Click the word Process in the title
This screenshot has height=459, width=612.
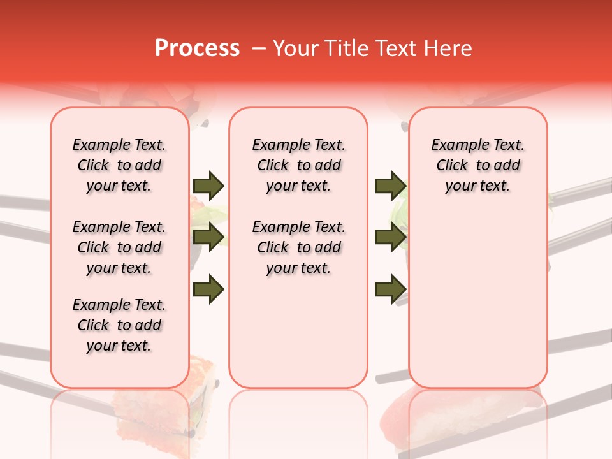[x=196, y=48]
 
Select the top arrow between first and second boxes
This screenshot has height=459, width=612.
[x=208, y=186]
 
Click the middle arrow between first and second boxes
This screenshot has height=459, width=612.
[x=208, y=238]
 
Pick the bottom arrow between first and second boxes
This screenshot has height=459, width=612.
[x=208, y=289]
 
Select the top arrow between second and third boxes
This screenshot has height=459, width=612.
[x=390, y=186]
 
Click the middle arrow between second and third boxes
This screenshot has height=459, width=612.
[x=390, y=238]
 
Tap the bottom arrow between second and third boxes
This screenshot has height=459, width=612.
[x=390, y=289]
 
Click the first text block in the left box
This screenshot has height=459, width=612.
[x=119, y=165]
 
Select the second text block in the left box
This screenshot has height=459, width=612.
[x=119, y=247]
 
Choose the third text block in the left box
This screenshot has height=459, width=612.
[x=119, y=325]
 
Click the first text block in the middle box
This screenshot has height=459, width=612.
[x=299, y=165]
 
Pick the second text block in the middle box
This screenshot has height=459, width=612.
[x=299, y=247]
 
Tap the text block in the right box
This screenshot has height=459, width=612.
[x=478, y=165]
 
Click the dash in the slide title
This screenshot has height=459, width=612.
[x=259, y=49]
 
